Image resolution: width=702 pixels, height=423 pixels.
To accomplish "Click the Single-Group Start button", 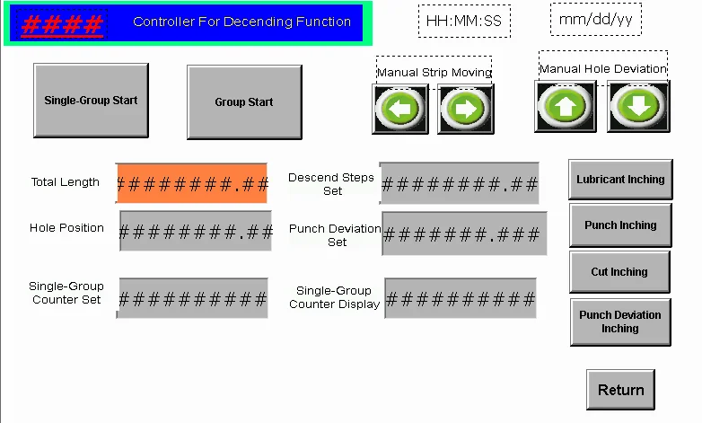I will click(x=91, y=101).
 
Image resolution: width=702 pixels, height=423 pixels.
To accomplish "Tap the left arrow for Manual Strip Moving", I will click(x=400, y=110).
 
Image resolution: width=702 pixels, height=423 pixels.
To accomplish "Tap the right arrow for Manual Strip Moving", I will click(x=466, y=110).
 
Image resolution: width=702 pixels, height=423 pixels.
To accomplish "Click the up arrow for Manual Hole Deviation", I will click(x=566, y=106).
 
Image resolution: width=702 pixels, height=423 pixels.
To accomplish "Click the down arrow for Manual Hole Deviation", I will click(x=638, y=106).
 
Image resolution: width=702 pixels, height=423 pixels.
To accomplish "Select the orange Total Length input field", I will click(x=192, y=183).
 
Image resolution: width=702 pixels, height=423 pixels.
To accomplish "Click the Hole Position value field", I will click(x=196, y=231).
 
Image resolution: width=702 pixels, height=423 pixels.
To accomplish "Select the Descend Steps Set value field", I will click(x=460, y=184).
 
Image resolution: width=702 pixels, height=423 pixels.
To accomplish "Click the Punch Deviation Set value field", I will click(x=464, y=234).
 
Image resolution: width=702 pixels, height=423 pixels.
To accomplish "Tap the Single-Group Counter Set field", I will click(x=192, y=298).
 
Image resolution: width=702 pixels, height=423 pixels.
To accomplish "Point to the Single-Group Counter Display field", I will click(x=461, y=298).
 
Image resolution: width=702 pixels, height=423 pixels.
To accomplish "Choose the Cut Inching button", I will click(x=619, y=272).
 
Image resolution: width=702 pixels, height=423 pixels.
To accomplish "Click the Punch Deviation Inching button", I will click(x=619, y=322).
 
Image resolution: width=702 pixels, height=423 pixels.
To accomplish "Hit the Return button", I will click(x=620, y=390).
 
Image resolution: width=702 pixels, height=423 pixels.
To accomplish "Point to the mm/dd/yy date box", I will click(x=595, y=19).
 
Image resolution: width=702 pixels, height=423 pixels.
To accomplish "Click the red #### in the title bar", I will click(x=62, y=24).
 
